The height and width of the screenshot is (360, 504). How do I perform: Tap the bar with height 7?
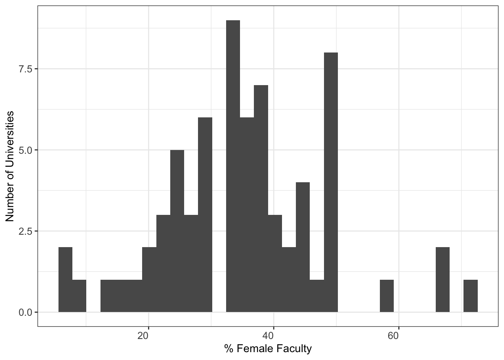coord(261,198)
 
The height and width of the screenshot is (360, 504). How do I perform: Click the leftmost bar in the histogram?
coord(65,279)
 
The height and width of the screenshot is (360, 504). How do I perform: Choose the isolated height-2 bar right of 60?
coord(442,279)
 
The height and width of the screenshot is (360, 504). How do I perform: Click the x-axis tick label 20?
coord(148,335)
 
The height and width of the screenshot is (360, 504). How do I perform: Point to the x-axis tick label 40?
coord(273,335)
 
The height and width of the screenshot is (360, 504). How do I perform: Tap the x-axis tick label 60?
coord(398,335)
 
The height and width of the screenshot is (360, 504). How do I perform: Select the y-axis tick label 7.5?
coord(26,69)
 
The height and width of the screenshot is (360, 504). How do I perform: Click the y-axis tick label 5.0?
coord(26,150)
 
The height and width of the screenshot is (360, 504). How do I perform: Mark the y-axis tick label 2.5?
coord(26,231)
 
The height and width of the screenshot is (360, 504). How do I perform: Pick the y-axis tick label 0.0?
coord(26,312)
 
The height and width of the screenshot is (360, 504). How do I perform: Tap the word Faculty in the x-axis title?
coord(294,349)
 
